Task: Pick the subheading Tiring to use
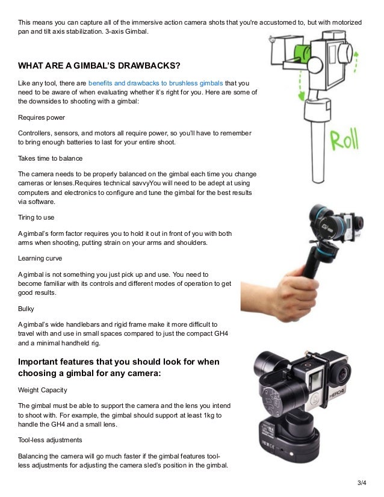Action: (x=38, y=218)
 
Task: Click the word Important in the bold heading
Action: (x=42, y=362)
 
